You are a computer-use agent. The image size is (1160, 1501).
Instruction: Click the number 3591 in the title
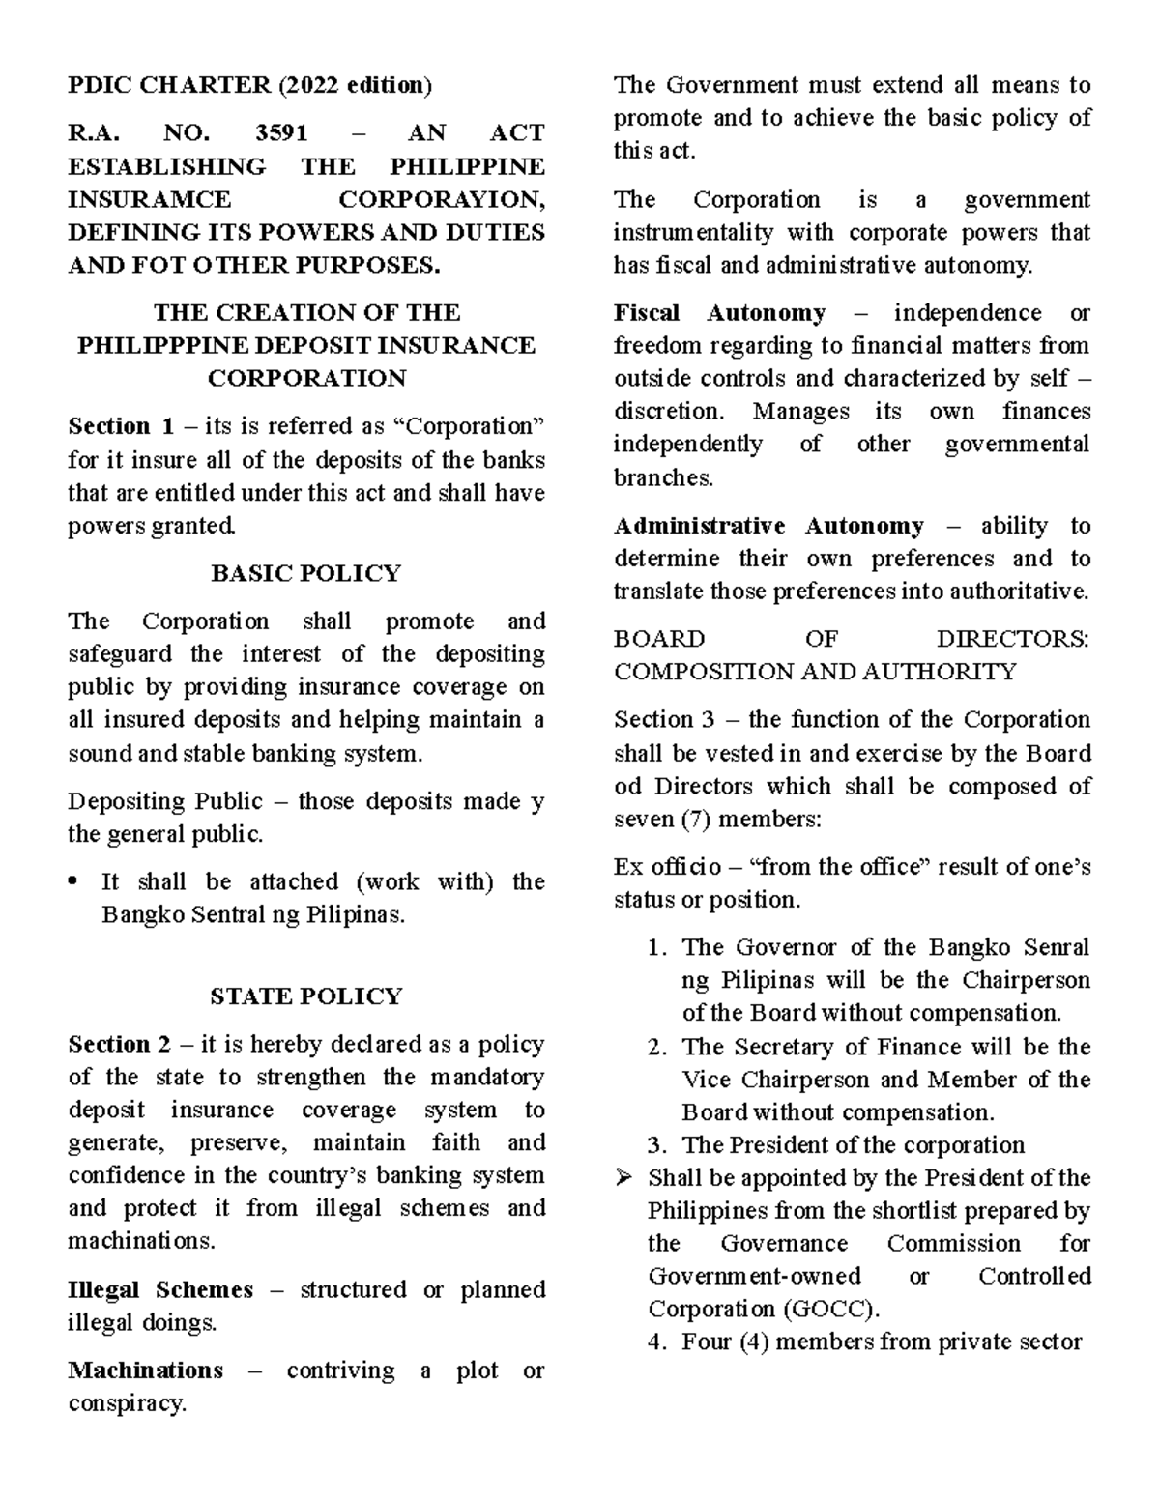pos(281,133)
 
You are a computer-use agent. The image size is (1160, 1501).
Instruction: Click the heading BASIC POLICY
pos(305,574)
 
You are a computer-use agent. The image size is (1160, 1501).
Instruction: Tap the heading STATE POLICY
pos(305,996)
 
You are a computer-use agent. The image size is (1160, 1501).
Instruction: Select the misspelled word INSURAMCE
pos(150,200)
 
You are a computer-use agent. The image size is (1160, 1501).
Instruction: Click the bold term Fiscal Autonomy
pos(719,313)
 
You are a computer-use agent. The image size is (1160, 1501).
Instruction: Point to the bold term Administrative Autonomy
pos(768,526)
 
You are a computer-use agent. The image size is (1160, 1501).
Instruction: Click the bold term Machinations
pos(145,1371)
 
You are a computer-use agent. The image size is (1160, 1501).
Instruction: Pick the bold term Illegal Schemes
pos(160,1290)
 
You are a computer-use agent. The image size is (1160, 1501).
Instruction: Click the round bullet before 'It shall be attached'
pos(75,883)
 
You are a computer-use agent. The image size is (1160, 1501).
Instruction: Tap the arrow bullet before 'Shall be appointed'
pos(624,1178)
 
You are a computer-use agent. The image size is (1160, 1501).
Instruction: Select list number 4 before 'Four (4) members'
pos(656,1342)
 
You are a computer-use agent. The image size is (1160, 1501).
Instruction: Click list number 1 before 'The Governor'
pos(656,948)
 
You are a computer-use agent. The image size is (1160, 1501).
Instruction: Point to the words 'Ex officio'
pos(667,867)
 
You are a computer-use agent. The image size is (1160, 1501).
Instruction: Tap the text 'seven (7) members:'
pos(717,820)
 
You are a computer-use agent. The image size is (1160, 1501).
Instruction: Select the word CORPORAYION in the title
pos(441,200)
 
